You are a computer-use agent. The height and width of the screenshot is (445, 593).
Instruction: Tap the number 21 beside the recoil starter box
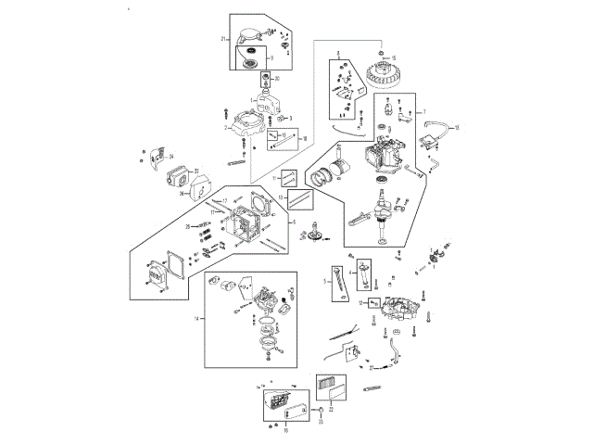point(223,39)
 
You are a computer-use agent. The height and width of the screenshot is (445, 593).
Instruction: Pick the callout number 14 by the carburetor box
point(196,318)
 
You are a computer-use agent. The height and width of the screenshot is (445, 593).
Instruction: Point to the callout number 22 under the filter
point(332,407)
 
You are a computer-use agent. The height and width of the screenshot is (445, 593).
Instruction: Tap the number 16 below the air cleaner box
point(285,430)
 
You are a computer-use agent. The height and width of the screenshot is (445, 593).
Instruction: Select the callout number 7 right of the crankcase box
point(424,111)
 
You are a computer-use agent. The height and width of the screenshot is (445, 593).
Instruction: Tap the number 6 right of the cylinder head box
point(294,222)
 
